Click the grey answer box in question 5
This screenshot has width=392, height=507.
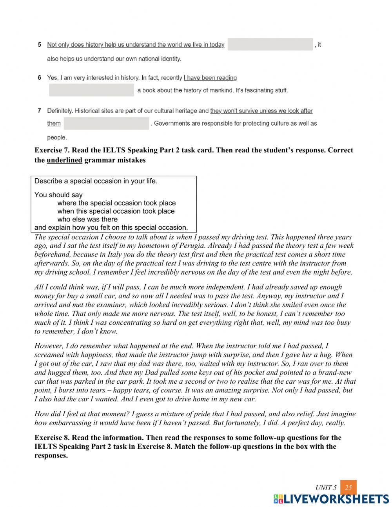(x=270, y=44)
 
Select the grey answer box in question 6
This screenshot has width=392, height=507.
(x=91, y=90)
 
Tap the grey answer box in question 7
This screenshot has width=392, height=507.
(x=106, y=123)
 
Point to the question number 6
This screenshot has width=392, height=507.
(x=40, y=78)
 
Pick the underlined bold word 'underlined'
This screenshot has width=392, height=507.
(x=64, y=160)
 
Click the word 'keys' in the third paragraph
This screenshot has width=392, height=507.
(x=180, y=372)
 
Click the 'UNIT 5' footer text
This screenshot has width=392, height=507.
(x=326, y=488)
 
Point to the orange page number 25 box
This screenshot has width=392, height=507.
(x=348, y=488)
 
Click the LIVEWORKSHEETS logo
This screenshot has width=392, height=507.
(x=331, y=499)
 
